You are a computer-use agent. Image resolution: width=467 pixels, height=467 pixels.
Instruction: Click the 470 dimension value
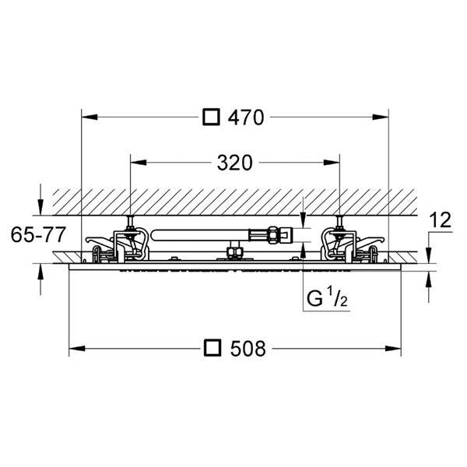click(x=246, y=118)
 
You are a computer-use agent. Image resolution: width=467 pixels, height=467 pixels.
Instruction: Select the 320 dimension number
click(x=235, y=163)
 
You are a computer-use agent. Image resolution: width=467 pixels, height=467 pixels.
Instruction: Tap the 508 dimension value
click(x=248, y=349)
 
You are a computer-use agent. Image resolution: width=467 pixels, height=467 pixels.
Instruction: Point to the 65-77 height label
click(x=38, y=234)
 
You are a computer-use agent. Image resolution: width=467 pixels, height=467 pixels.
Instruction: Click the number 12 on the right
click(x=441, y=220)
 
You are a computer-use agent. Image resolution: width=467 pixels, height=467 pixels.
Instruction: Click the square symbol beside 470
click(x=211, y=117)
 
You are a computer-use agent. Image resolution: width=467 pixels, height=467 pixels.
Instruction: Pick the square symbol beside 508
click(x=212, y=348)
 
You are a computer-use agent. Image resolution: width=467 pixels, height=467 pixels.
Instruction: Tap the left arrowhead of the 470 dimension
click(x=90, y=117)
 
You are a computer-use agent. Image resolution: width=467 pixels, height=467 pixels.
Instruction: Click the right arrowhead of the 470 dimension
click(x=381, y=117)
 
